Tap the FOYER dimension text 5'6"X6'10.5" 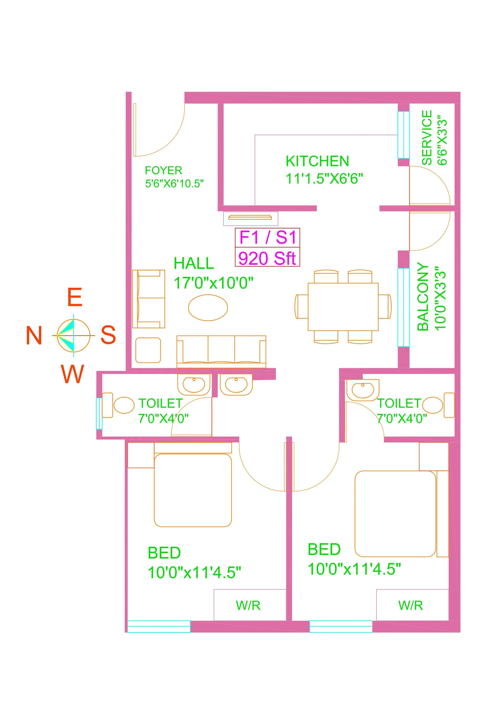coord(174,184)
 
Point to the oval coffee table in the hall coord(208,307)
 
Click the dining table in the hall coord(343,306)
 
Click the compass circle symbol coord(74,335)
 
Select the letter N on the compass coord(34,336)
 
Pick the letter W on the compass coord(72,374)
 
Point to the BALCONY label coord(423,297)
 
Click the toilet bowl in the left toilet coord(124,405)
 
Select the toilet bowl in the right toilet coord(433,405)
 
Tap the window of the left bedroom coord(159,626)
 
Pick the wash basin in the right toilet coord(363,390)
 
